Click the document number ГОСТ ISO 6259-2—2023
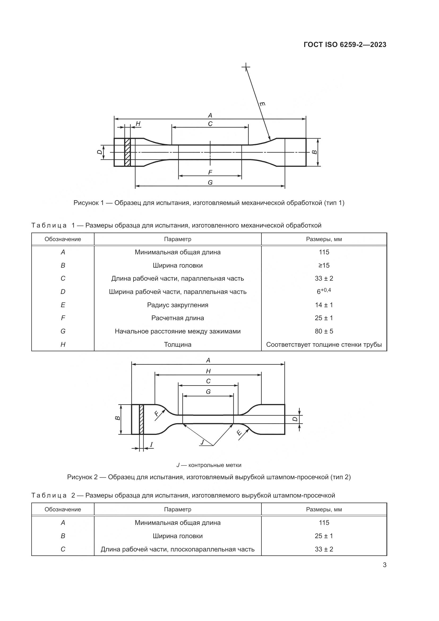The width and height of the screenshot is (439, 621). [x=345, y=45]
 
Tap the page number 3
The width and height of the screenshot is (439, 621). [x=384, y=565]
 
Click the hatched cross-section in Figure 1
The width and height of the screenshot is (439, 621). [x=127, y=152]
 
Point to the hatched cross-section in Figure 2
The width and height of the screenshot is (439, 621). [x=141, y=419]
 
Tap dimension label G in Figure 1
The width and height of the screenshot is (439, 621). [x=210, y=183]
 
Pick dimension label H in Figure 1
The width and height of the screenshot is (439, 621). [x=138, y=124]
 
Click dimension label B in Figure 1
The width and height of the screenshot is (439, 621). [x=314, y=152]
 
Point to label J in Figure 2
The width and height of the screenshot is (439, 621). [x=202, y=442]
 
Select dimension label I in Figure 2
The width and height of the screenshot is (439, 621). [x=151, y=444]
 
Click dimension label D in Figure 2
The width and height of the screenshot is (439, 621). [x=295, y=419]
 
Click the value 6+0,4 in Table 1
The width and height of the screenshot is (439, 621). [x=324, y=291]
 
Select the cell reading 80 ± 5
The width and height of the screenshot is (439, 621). [x=324, y=331]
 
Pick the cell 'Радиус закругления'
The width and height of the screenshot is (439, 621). [x=178, y=305]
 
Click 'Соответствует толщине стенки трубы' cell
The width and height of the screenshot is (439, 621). [x=324, y=344]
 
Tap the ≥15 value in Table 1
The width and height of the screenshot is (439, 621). [x=324, y=265]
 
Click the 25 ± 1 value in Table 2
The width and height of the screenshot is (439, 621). [x=324, y=536]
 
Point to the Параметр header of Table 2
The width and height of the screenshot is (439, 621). [x=178, y=509]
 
